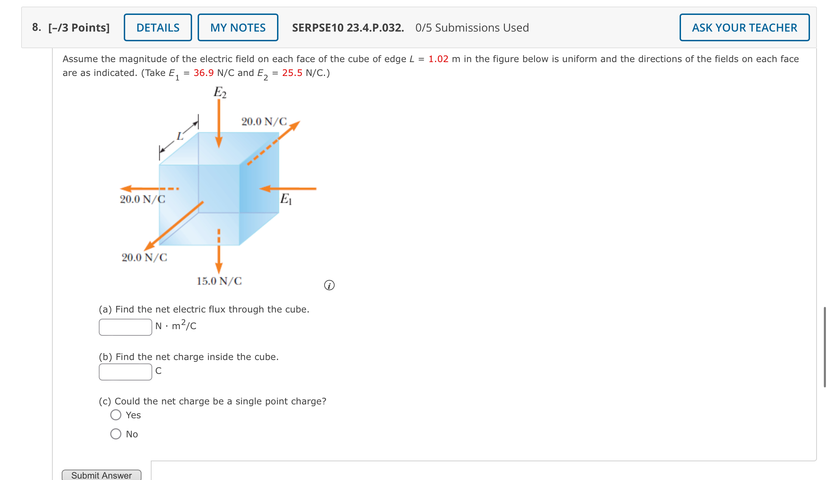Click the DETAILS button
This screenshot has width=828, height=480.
158,28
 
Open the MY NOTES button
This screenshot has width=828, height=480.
238,28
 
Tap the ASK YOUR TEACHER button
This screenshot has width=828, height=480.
744,28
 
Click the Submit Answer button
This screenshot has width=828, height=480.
102,475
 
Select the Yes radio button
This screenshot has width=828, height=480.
116,415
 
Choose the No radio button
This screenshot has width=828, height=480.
116,434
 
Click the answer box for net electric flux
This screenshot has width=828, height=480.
126,327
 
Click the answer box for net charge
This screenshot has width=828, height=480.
126,372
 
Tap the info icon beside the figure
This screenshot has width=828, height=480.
329,285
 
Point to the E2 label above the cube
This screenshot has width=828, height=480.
220,93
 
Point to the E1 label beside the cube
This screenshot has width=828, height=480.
286,199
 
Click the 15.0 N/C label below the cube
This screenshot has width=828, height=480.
219,281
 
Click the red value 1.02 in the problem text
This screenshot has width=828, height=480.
438,59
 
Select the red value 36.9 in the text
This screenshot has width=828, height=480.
204,73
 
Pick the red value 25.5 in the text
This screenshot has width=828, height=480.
292,73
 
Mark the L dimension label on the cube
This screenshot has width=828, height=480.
180,136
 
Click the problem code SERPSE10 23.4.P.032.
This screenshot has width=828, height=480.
348,28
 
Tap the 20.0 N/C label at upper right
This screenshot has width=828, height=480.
264,121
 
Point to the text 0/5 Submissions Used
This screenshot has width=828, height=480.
472,28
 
